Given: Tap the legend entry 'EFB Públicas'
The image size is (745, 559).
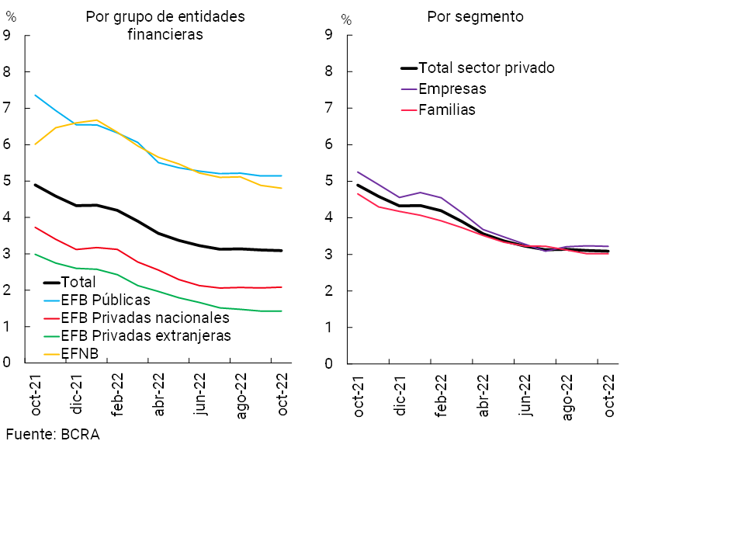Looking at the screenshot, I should pos(106,300).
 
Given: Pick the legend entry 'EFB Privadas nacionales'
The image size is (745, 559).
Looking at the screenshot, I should pos(145,318).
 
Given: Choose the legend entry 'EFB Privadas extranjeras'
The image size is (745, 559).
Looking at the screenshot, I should pos(146,335).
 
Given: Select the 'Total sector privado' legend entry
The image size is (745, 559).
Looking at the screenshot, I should pos(486,68).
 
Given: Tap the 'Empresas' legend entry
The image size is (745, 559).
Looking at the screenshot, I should pos(452,89).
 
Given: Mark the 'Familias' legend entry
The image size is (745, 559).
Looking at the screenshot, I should pos(447,110).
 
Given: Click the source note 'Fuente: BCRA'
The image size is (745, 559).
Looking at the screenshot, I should pos(53,435).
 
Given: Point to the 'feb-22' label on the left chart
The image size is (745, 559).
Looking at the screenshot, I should pos(118,394).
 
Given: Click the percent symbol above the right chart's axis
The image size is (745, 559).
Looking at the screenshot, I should pos(346,20).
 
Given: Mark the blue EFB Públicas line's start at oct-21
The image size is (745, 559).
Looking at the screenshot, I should pos(35,95).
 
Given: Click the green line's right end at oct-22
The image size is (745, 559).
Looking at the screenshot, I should pos(281,311).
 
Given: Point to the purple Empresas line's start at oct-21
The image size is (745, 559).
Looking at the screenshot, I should pos(357,172).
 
